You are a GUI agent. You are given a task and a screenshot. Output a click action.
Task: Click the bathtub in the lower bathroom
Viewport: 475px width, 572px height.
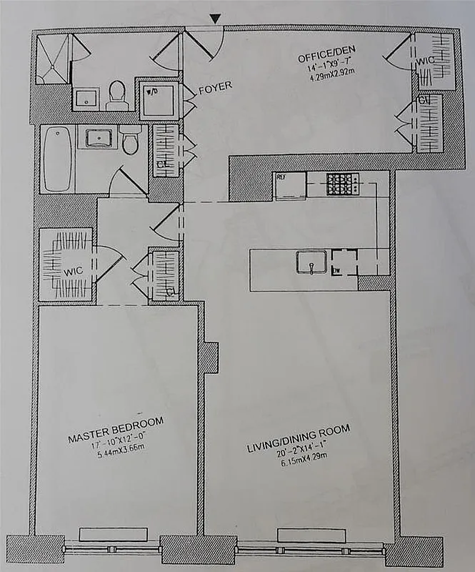tap(56, 159)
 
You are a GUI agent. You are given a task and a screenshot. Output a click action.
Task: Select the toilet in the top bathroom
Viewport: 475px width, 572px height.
tap(117, 96)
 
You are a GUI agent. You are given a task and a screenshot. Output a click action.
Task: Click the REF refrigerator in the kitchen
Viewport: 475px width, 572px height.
tap(291, 186)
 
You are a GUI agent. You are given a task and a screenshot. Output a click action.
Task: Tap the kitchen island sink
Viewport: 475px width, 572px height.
tap(312, 262)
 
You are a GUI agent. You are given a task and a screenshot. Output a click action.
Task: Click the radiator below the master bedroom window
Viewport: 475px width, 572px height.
tap(114, 535)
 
